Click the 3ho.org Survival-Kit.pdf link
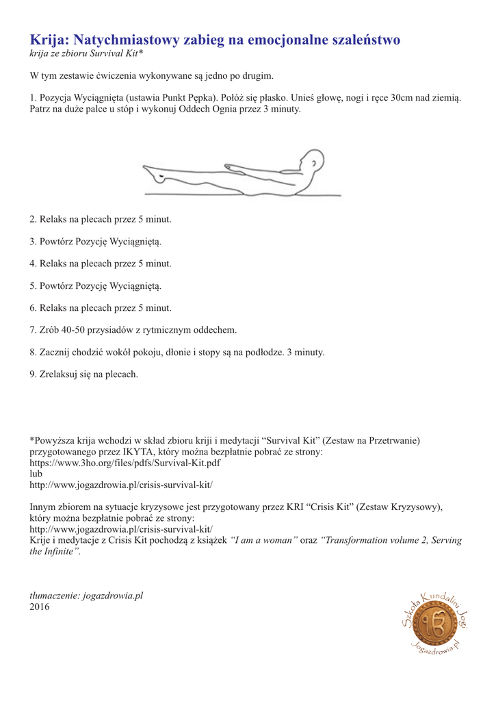coord(125,462)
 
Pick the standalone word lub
coord(36,473)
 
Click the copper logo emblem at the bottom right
coord(433,624)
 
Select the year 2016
coord(40,607)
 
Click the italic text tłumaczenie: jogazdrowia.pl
coord(86,596)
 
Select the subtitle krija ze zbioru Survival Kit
coord(86,53)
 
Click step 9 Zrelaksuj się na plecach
coord(83,374)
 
